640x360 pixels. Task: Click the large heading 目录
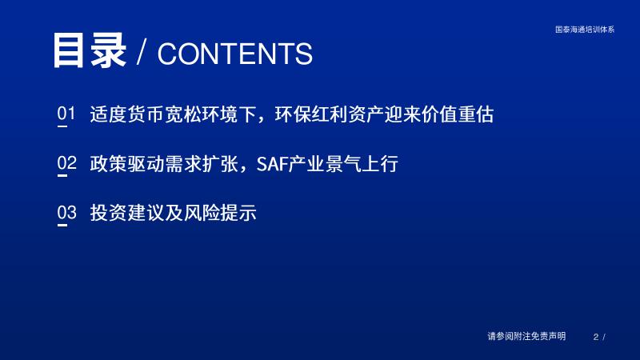[x=89, y=50]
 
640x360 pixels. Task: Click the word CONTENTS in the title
[x=235, y=54]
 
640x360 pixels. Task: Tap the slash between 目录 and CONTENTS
[x=142, y=53]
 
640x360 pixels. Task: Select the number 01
[x=66, y=113]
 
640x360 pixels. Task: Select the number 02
[x=66, y=162]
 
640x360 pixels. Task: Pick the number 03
[x=66, y=212]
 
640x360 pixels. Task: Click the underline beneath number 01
[x=62, y=126]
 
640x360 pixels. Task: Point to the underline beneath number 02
[x=62, y=176]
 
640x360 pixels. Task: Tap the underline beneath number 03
[x=62, y=225]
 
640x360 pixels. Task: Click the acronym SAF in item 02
[x=272, y=164]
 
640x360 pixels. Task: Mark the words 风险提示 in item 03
[x=220, y=213]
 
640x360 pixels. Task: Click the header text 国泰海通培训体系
[x=585, y=30]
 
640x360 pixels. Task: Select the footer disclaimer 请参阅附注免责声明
[x=526, y=336]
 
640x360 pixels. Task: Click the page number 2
[x=596, y=337]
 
